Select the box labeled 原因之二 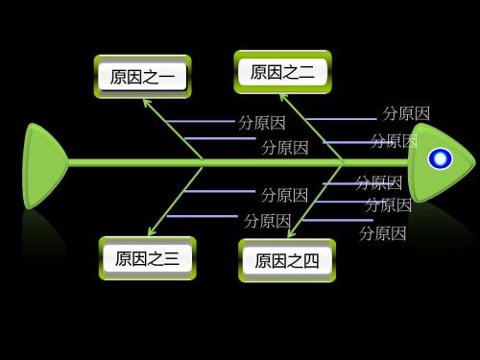282,72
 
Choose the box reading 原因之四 287,260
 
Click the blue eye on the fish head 440,159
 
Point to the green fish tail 42,164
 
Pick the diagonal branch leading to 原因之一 173,129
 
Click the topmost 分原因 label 406,113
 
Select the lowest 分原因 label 382,233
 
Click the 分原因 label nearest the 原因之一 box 261,123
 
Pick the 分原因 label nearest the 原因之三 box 267,220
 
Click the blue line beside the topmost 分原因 340,119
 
